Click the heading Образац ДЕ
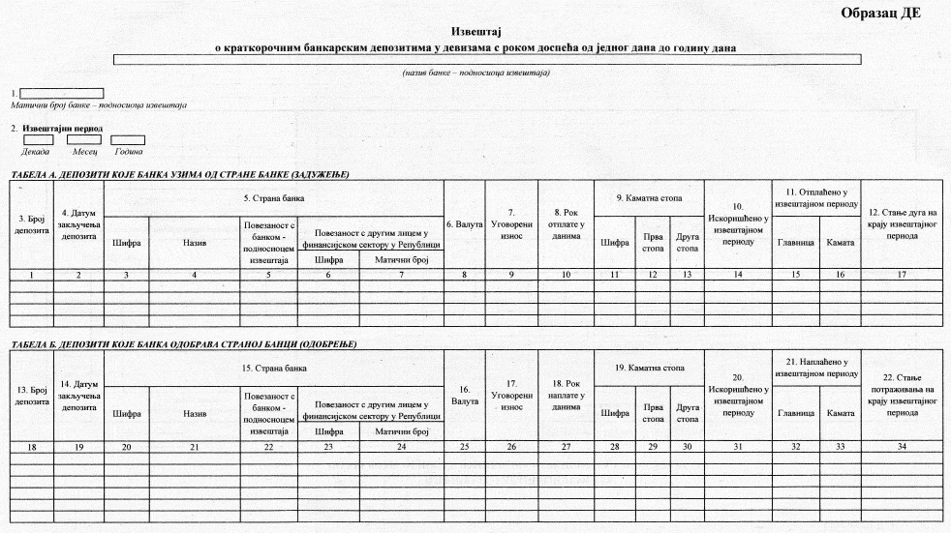pos(880,13)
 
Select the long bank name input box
pos(487,60)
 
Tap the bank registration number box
pos(61,93)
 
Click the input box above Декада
pos(38,140)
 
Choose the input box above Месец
pos(83,140)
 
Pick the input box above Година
pos(128,140)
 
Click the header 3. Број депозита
pos(30,224)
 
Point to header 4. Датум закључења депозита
pos(78,224)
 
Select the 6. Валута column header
pos(464,224)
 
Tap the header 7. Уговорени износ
pos(510,224)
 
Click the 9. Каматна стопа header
pos(648,198)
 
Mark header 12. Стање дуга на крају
pos(901,224)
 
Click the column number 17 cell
pos(901,276)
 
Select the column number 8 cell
pos(464,276)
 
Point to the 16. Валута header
pos(464,396)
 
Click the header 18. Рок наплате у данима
pos(565,396)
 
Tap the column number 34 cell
pos(901,446)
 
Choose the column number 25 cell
pos(464,446)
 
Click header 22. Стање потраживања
pos(901,396)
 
